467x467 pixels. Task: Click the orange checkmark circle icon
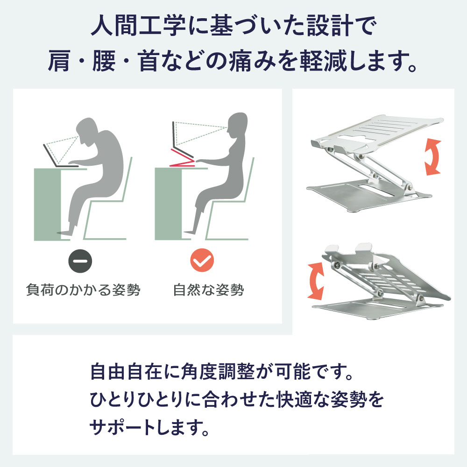(202, 260)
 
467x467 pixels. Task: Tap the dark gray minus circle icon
(80, 261)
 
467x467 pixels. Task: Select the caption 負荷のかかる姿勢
(83, 290)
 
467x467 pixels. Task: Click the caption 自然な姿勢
(208, 290)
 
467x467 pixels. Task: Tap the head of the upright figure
(237, 126)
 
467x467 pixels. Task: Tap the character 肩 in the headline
(59, 61)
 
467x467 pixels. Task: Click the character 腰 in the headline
(104, 61)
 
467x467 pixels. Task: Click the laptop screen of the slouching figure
(50, 155)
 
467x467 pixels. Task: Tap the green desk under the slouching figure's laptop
(48, 204)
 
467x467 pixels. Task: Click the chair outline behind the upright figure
(230, 203)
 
